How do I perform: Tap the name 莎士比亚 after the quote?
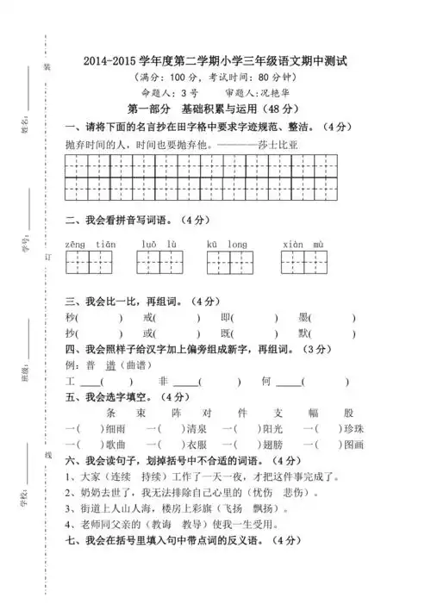click(297, 144)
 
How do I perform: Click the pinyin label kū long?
click(227, 245)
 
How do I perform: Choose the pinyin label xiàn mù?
click(302, 245)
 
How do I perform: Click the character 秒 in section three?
click(71, 318)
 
